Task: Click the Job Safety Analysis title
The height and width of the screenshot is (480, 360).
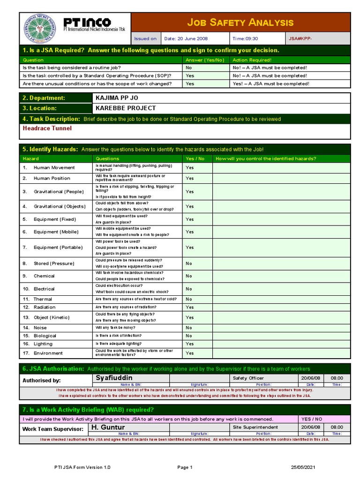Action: pos(240,22)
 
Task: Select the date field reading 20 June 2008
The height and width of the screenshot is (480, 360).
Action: pos(186,38)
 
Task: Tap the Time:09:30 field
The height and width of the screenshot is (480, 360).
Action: pos(245,38)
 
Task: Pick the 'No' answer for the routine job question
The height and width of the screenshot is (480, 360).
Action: pos(189,67)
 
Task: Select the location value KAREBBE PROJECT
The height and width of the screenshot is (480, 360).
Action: pos(126,108)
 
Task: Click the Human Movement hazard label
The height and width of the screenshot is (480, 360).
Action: pos(54,167)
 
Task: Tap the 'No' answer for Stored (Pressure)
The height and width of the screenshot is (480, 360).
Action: pos(189,263)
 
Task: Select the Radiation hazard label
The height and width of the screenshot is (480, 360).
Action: pos(45,307)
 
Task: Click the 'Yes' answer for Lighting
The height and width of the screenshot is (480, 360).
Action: pos(189,344)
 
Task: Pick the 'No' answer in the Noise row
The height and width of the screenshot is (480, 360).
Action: pos(189,328)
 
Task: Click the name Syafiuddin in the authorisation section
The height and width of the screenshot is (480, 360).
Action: pos(114,378)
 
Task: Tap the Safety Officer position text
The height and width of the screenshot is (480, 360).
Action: pos(248,378)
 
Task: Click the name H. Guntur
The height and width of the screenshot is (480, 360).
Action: pos(108,427)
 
